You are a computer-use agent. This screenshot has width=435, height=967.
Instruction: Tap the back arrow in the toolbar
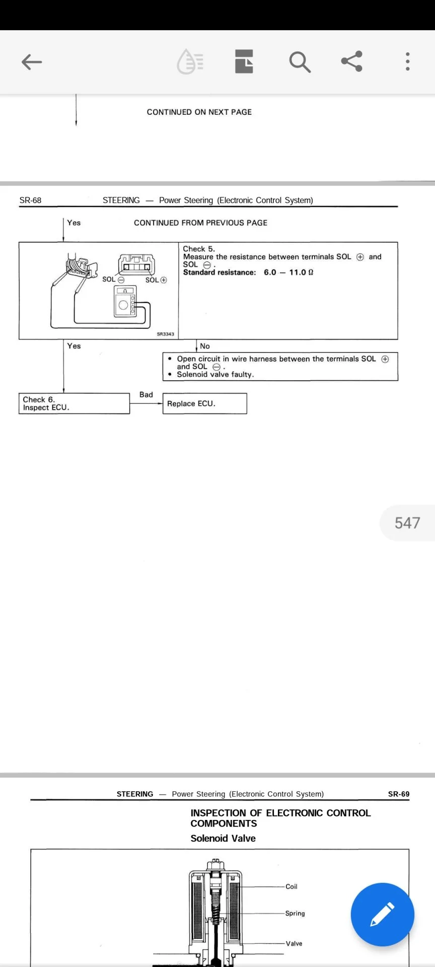click(x=32, y=62)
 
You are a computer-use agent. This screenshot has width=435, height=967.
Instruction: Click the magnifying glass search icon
click(x=300, y=62)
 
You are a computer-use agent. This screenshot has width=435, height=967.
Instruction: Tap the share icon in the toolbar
click(x=352, y=61)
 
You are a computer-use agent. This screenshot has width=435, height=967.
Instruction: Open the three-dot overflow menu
click(x=407, y=61)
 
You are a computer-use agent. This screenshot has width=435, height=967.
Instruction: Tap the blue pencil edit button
click(x=382, y=914)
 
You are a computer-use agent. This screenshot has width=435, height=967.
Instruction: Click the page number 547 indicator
click(x=407, y=523)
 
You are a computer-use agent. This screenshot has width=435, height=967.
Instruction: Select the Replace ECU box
click(x=204, y=403)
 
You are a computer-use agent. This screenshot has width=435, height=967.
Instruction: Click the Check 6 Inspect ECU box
click(x=74, y=403)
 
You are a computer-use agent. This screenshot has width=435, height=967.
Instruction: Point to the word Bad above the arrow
click(x=146, y=395)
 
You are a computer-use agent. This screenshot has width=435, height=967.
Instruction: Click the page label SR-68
click(x=30, y=200)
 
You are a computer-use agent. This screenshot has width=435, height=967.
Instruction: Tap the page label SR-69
click(x=398, y=794)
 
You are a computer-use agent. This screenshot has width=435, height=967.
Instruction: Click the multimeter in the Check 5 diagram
click(x=125, y=302)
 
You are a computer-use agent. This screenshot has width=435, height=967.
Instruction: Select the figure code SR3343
click(x=165, y=334)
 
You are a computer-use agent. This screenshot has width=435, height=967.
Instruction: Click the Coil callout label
click(x=292, y=886)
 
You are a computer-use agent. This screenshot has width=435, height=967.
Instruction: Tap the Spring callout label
click(x=295, y=913)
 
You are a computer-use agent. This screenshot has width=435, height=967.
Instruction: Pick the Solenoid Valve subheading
click(x=223, y=838)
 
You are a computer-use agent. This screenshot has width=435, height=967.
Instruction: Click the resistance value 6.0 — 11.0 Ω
click(x=288, y=272)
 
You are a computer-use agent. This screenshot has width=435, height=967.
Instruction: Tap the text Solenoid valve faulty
click(x=215, y=374)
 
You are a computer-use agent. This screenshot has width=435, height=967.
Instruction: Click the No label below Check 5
click(x=205, y=346)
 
